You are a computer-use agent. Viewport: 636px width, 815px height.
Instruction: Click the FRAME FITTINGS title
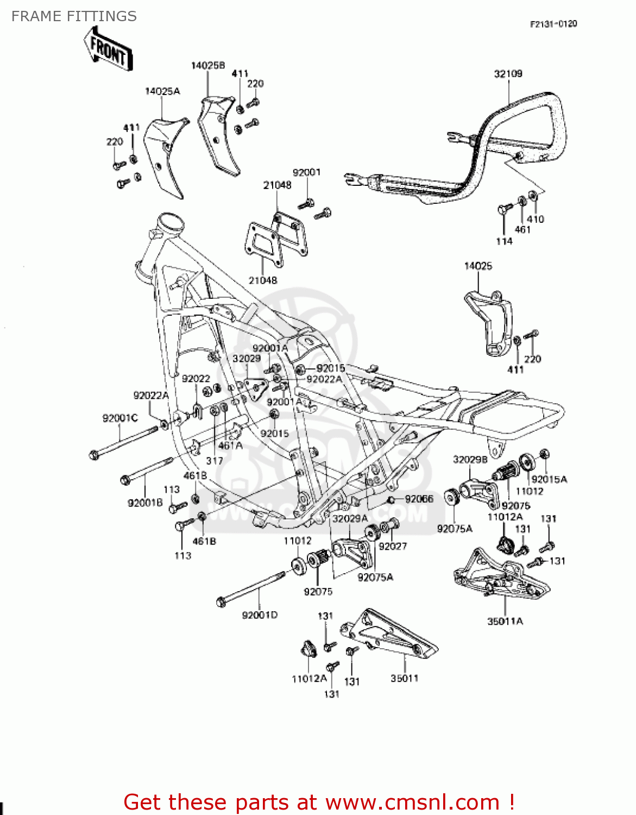coord(74,16)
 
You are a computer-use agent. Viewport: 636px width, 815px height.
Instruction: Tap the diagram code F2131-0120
coord(553,24)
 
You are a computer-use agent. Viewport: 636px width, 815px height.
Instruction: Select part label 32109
coord(508,74)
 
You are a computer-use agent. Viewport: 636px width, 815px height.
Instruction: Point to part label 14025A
coord(162,91)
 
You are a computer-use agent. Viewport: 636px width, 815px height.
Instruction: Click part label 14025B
coord(207,66)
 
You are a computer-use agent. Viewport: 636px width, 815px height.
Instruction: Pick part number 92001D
coord(260,615)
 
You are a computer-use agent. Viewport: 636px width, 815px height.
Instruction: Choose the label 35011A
coord(505,621)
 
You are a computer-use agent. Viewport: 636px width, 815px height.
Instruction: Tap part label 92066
coord(419,499)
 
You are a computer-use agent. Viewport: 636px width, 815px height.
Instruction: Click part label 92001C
coord(120,418)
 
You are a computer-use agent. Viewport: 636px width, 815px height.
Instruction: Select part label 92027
coord(393,546)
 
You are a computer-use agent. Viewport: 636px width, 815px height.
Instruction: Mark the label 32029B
coord(470,460)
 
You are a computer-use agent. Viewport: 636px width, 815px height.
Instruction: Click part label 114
coord(504,241)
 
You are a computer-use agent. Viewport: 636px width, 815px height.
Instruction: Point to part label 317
coord(215,461)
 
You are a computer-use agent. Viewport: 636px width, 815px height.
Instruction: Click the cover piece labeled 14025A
coord(163,155)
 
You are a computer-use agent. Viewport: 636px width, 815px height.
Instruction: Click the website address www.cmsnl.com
coord(412,802)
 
